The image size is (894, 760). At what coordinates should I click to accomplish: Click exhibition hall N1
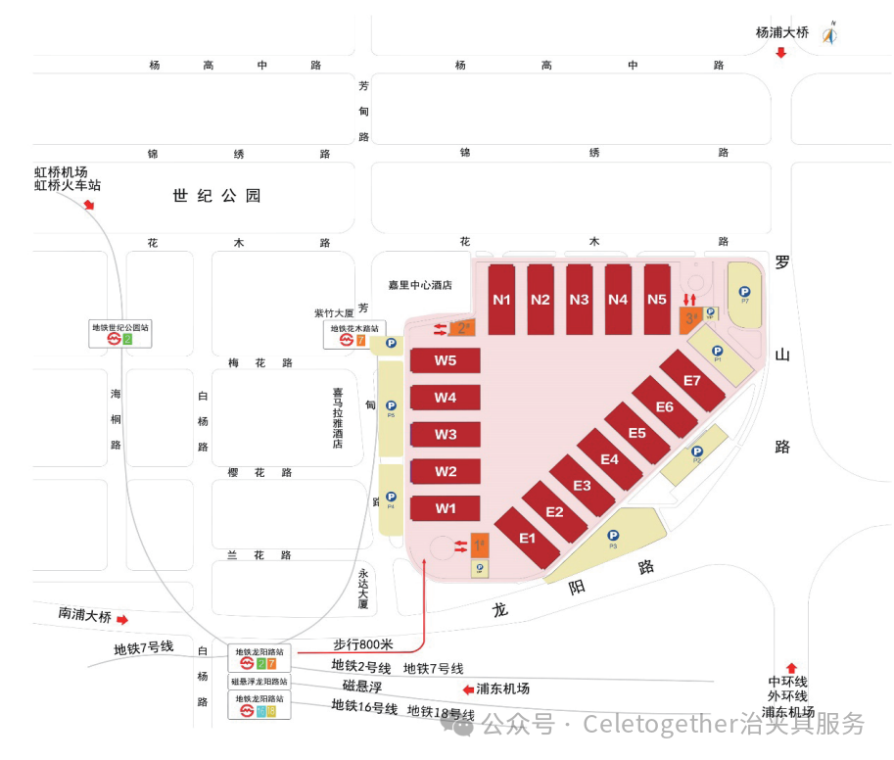point(502,300)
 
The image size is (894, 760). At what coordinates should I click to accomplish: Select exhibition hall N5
point(657,300)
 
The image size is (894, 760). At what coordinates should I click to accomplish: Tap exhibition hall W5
point(446,360)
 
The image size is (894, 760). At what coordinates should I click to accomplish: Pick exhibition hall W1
point(446,508)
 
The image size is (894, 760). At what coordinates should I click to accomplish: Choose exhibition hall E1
point(528,538)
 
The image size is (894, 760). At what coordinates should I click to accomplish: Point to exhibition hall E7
point(692,380)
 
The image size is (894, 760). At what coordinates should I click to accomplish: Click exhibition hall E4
point(609,458)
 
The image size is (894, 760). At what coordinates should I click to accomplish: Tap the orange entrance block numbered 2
point(462,328)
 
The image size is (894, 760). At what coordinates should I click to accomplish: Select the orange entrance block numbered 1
point(480,545)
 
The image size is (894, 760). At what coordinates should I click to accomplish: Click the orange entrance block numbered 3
point(690,318)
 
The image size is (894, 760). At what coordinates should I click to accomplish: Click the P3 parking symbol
point(613,536)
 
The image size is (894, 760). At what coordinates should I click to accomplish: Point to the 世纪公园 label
point(217,196)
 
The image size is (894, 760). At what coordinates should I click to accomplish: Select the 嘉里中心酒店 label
point(420,285)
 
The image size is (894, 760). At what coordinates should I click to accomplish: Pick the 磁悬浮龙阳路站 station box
point(259,681)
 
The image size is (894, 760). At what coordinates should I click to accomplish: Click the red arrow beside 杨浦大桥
point(780,53)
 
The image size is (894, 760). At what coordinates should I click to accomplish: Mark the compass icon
point(830,34)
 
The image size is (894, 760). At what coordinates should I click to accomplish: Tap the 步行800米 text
point(362,643)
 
